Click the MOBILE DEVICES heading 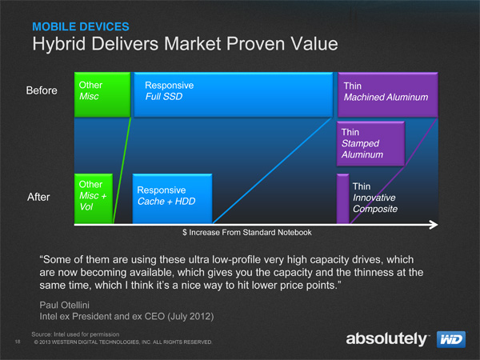click(x=81, y=26)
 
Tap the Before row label click(x=42, y=90)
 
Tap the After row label click(x=38, y=197)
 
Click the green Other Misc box click(x=102, y=94)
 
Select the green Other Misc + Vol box click(x=94, y=198)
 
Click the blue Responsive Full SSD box click(x=234, y=94)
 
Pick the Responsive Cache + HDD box click(x=172, y=198)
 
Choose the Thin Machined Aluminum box click(x=387, y=94)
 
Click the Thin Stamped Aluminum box click(x=370, y=143)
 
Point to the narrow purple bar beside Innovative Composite click(x=343, y=198)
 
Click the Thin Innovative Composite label click(x=375, y=198)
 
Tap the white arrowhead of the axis click(x=434, y=225)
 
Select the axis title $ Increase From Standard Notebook click(x=247, y=232)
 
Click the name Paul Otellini click(x=64, y=305)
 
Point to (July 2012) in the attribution click(x=190, y=316)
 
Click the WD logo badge click(x=451, y=339)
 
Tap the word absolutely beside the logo click(x=386, y=339)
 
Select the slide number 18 click(x=18, y=342)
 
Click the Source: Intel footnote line click(x=75, y=334)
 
